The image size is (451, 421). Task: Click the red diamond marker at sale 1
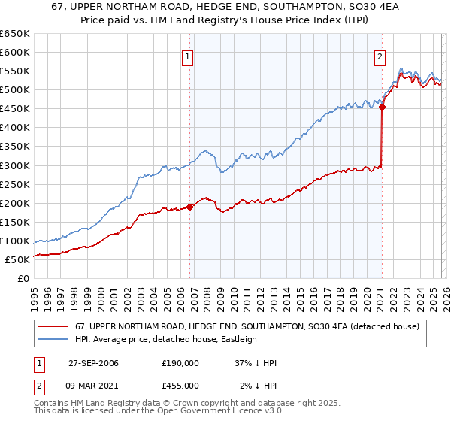[189, 207]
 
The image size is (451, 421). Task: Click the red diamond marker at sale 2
[382, 107]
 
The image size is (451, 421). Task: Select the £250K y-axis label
[15, 184]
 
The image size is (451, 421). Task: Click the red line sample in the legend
[54, 326]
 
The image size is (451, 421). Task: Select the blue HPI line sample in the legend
[54, 339]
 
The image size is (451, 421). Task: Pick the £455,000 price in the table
[180, 385]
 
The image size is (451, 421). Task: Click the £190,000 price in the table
[180, 363]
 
